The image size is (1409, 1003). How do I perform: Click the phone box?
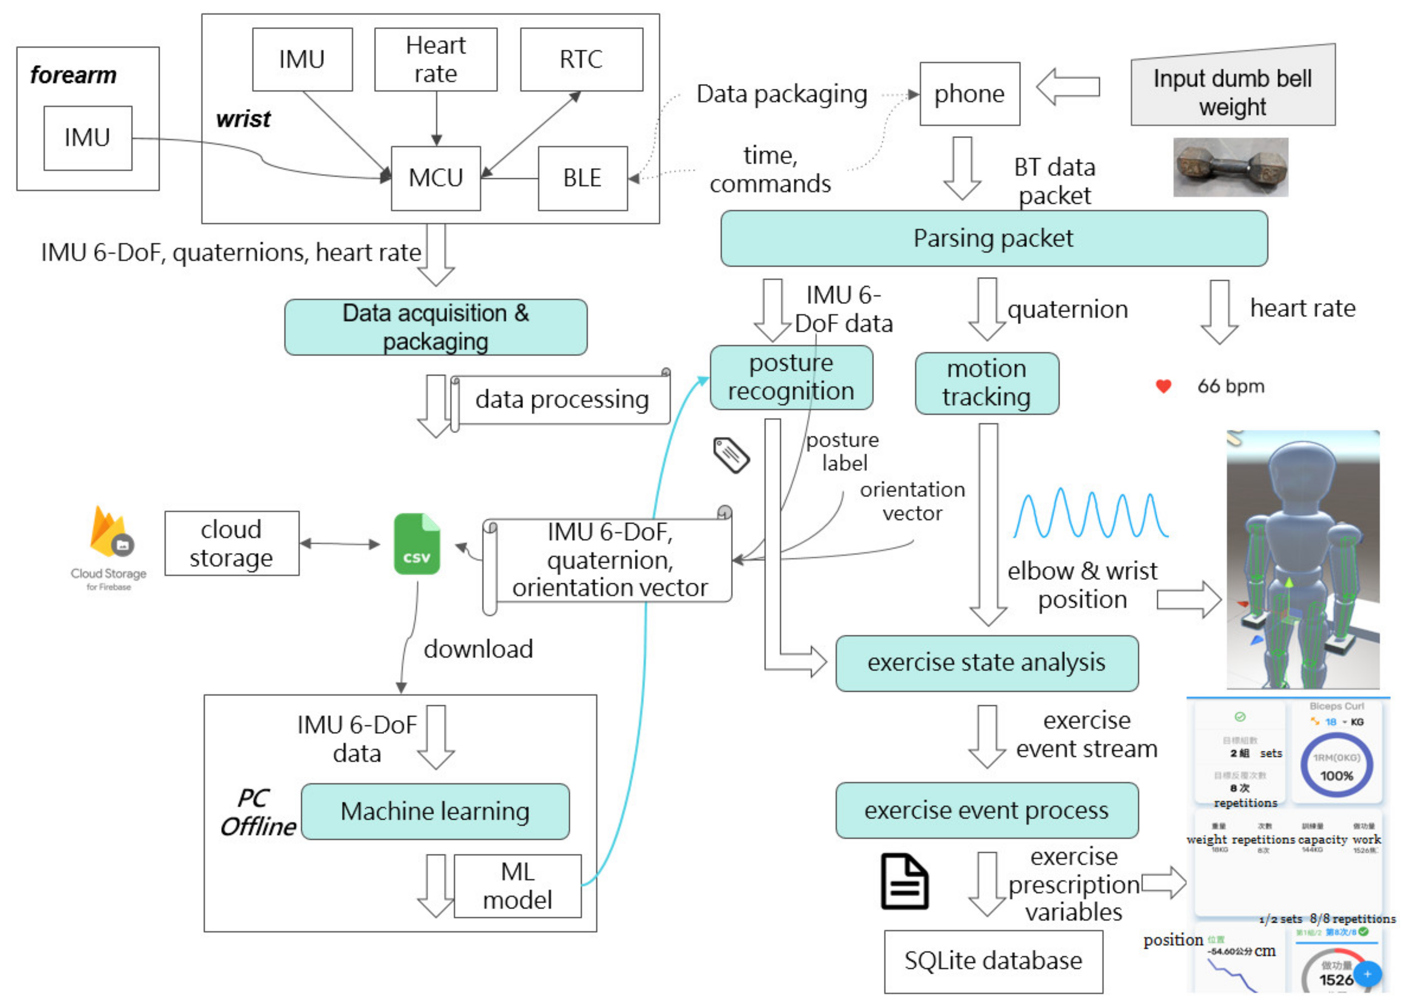(969, 94)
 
